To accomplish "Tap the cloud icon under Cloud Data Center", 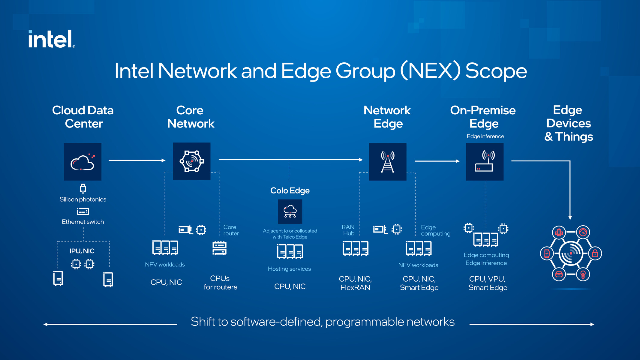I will [83, 162].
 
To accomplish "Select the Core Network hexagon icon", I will [191, 161].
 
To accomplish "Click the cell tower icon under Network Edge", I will [387, 162].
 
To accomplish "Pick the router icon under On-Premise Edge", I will [485, 162].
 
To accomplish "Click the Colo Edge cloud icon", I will [290, 211].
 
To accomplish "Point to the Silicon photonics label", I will [83, 199].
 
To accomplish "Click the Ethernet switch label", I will [83, 222].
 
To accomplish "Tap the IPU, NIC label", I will [82, 251].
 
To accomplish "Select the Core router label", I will [231, 230].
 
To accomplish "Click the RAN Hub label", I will [348, 230].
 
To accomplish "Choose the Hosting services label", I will [289, 269].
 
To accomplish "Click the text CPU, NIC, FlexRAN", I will [355, 283].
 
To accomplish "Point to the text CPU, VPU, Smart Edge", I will [488, 283].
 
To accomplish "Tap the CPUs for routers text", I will [220, 283].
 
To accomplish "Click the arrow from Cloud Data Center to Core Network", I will [137, 160].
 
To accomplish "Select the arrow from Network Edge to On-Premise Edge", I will [437, 161].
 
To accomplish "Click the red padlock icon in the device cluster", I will [595, 253].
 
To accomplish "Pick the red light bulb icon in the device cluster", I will [583, 274].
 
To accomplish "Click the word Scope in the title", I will [496, 71].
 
